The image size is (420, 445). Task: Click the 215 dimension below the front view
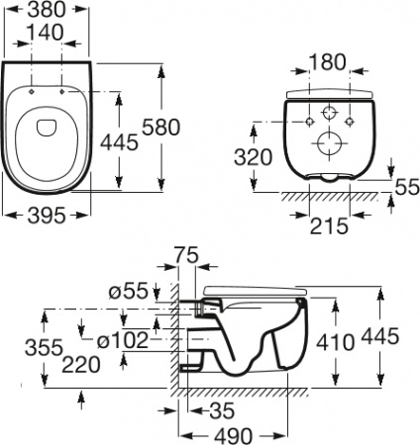(x=326, y=225)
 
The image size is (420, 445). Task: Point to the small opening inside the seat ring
(x=48, y=126)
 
